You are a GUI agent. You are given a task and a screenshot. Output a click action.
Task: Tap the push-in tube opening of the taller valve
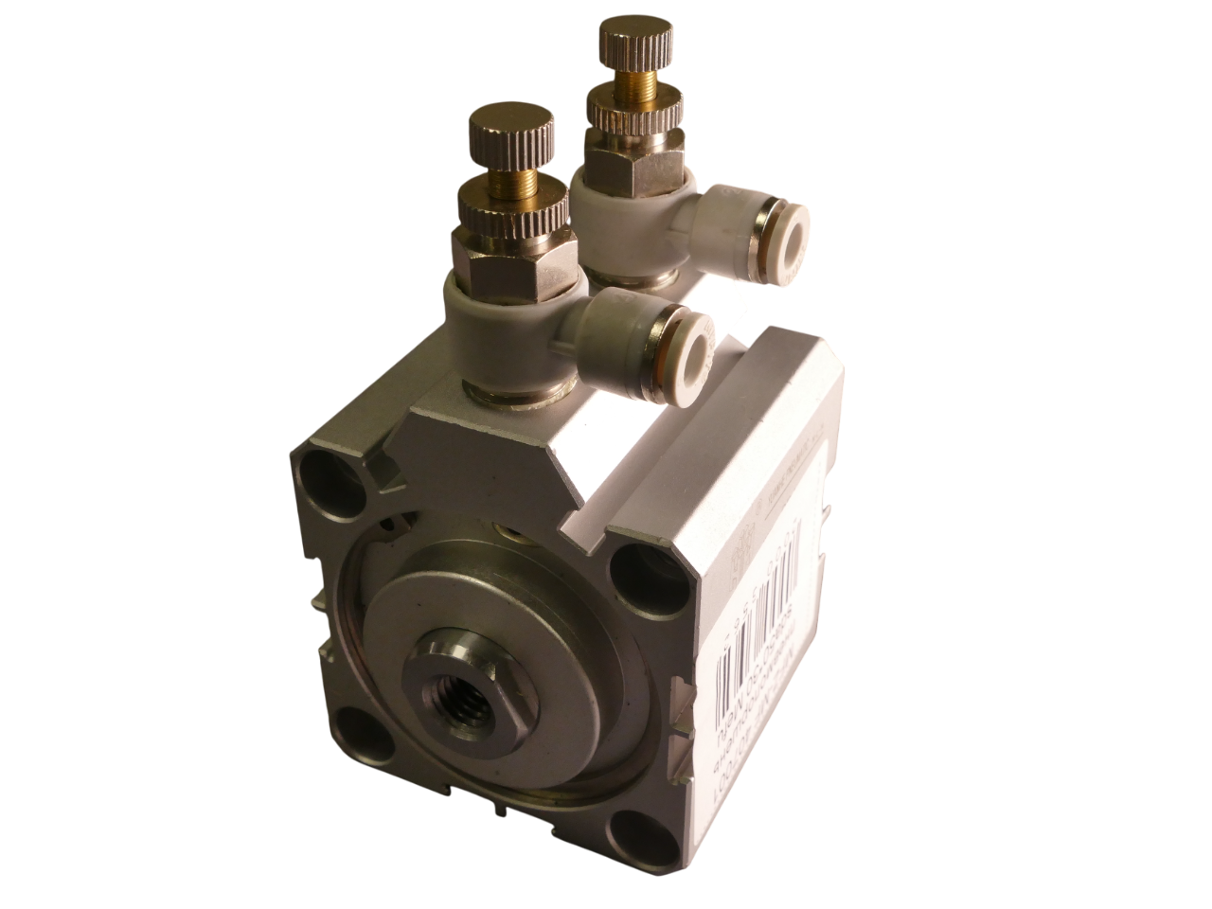(x=787, y=228)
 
